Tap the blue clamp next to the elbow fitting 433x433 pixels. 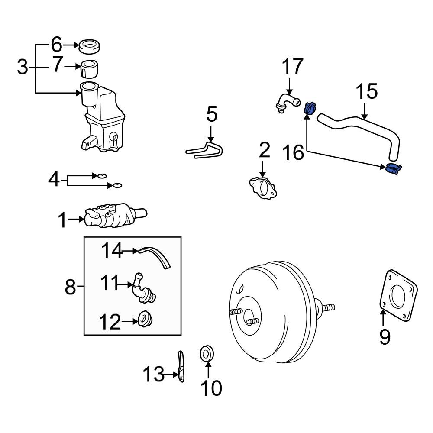pyautogui.click(x=309, y=108)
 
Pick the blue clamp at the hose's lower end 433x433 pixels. pyautogui.click(x=393, y=169)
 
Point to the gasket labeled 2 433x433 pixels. pyautogui.click(x=262, y=189)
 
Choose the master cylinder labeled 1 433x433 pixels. pyautogui.click(x=115, y=216)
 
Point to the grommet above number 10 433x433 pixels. pyautogui.click(x=207, y=353)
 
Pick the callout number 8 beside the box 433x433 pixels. pyautogui.click(x=70, y=287)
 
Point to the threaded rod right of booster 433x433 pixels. pyautogui.click(x=328, y=308)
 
